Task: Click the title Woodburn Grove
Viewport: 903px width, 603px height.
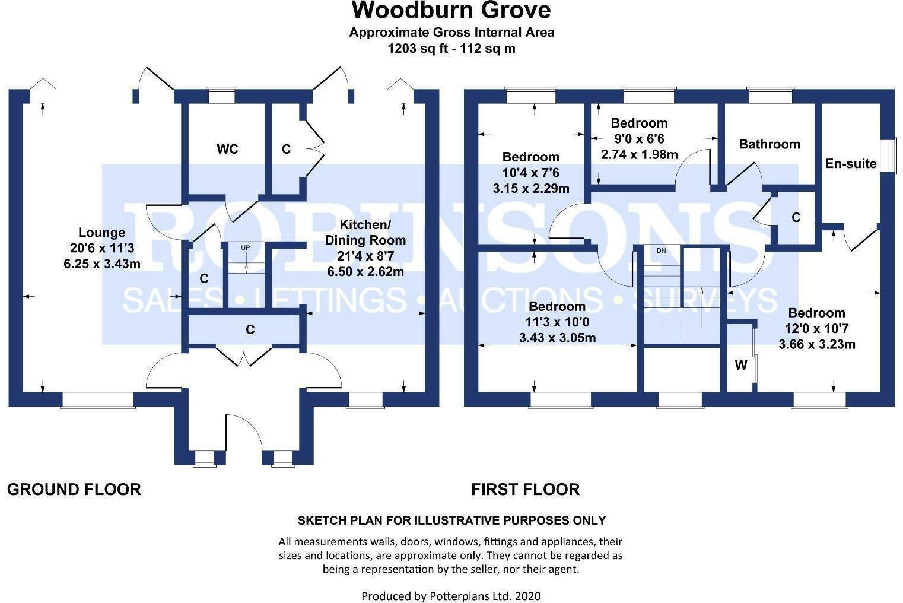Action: (x=451, y=10)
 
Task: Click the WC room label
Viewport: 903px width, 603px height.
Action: (x=227, y=149)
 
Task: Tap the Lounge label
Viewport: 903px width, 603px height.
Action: (x=102, y=233)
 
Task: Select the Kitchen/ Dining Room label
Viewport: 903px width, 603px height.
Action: (x=365, y=233)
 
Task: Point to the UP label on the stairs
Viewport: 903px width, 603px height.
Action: (x=245, y=247)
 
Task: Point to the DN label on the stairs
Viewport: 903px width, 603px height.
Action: (x=661, y=250)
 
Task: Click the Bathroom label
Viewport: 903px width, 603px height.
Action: (x=769, y=144)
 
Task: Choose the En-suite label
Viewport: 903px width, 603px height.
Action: (x=850, y=164)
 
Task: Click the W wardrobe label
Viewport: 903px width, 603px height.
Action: (x=741, y=366)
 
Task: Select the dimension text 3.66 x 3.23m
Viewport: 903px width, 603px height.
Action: (x=816, y=344)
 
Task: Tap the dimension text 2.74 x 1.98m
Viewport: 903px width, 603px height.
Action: (x=639, y=154)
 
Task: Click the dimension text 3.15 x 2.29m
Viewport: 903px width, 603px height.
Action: (x=530, y=189)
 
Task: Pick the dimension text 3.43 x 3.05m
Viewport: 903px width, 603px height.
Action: (x=557, y=338)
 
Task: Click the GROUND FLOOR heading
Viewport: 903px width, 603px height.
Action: (x=74, y=490)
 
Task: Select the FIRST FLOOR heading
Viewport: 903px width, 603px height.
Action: (x=525, y=490)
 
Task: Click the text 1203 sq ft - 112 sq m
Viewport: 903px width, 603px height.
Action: (x=451, y=49)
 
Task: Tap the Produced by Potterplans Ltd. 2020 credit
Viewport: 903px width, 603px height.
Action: (x=451, y=596)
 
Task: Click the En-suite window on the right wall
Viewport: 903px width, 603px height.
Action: (x=888, y=156)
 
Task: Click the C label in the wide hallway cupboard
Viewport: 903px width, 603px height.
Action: (x=250, y=329)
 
